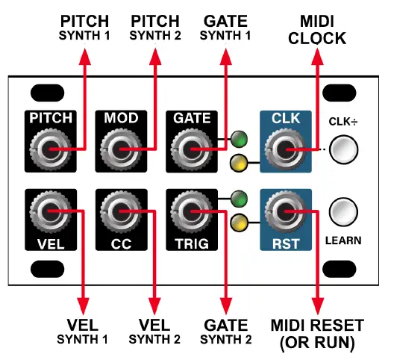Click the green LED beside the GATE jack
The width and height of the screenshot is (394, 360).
tap(239, 138)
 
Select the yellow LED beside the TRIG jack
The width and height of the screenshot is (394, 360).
tap(239, 221)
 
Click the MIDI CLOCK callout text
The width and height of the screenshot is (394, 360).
tap(319, 31)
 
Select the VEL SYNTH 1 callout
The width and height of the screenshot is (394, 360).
tap(82, 332)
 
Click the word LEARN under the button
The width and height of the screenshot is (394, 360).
tap(343, 241)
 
